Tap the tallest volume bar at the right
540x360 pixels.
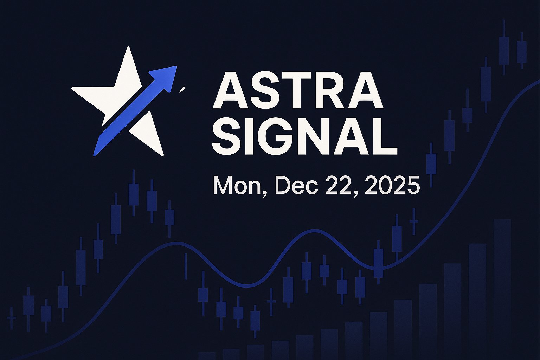(502, 288)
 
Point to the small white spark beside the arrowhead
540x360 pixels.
(182, 90)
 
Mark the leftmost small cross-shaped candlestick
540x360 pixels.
(12, 318)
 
